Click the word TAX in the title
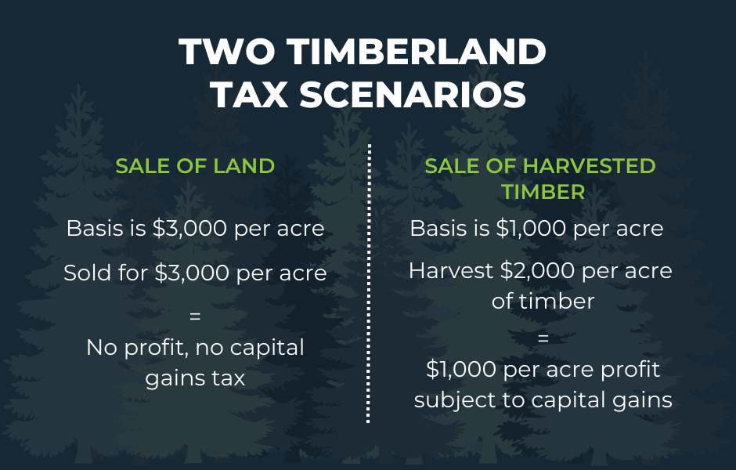tap(250, 96)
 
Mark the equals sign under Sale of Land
tap(195, 317)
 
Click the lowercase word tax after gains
tap(228, 378)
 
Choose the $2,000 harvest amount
tap(536, 271)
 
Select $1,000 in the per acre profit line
tap(460, 369)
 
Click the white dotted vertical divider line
tap(368, 282)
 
